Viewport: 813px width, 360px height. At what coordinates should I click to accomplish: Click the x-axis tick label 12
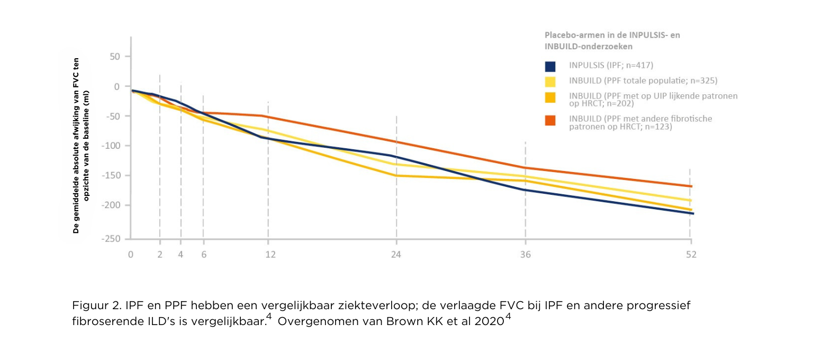pos(270,255)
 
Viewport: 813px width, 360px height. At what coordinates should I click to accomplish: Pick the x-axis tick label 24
pos(396,255)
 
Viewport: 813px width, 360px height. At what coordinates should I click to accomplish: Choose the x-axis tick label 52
pos(691,255)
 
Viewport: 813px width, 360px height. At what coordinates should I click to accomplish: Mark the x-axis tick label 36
pos(525,255)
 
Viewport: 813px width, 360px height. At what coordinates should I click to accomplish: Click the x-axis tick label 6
pos(203,255)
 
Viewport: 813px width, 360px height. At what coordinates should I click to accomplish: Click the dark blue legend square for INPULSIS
pos(550,66)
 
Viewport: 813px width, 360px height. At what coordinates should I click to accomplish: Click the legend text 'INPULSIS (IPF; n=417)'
pos(611,66)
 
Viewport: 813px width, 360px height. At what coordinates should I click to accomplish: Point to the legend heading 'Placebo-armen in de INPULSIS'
pos(612,35)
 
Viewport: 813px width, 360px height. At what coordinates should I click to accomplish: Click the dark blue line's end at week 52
pos(691,213)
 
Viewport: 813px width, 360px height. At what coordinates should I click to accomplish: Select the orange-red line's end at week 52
pos(691,186)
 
